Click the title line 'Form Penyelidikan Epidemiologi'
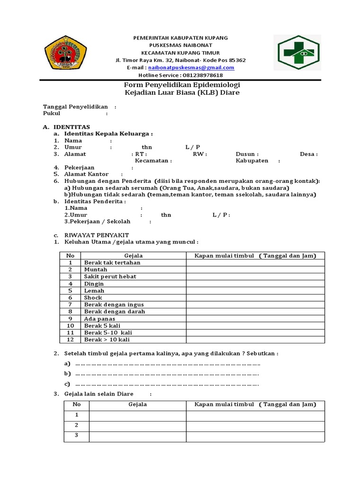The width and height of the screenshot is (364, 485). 182,84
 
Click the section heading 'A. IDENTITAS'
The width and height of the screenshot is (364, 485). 66,127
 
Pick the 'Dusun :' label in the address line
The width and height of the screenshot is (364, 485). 247,154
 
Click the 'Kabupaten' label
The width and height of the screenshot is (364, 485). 252,161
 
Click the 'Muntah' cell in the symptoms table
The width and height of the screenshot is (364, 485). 96,269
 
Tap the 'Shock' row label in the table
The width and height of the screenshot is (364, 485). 93,297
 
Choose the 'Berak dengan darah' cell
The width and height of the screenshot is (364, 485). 115,312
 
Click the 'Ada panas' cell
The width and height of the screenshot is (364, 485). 100,319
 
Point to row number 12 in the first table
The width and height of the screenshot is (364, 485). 70,340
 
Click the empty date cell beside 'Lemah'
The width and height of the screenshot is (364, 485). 255,291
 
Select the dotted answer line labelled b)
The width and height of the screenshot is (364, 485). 166,374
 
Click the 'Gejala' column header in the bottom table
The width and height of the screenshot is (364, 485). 137,404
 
